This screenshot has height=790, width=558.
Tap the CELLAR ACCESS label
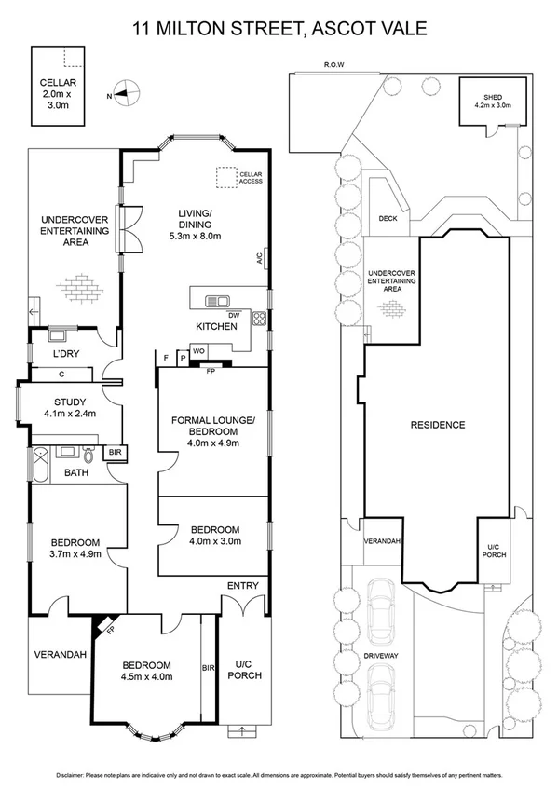point(251,178)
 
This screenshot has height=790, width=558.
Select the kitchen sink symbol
point(218,301)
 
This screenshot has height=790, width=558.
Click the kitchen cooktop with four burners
point(259,318)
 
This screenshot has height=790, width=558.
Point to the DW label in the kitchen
point(234,316)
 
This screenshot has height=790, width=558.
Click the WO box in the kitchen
point(197,350)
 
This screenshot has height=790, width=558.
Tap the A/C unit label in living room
point(259,258)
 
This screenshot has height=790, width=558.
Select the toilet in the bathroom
point(89,456)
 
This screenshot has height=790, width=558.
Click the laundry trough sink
point(56,334)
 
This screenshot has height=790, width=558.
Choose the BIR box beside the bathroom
point(116,453)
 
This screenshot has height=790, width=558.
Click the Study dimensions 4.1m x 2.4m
point(70,414)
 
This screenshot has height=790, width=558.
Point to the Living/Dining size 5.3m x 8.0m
point(195,236)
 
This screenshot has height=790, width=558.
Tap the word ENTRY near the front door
point(243,585)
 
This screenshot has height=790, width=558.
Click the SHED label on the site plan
point(493,97)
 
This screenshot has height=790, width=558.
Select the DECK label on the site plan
point(388,219)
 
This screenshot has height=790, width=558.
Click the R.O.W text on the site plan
point(333,65)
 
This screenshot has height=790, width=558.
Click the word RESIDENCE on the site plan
point(438,425)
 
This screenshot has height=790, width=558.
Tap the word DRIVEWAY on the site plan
point(381,656)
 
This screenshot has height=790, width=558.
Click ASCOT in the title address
point(341,28)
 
